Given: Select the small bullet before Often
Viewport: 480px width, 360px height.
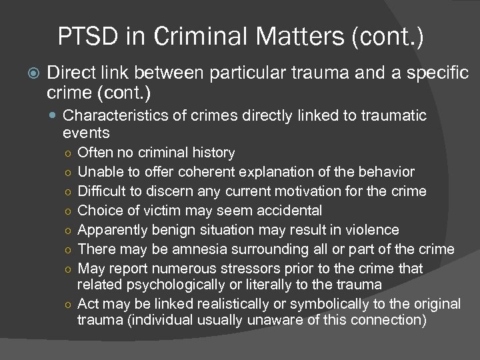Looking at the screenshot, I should [x=69, y=154].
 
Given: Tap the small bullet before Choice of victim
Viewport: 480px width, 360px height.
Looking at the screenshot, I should [x=69, y=211].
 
